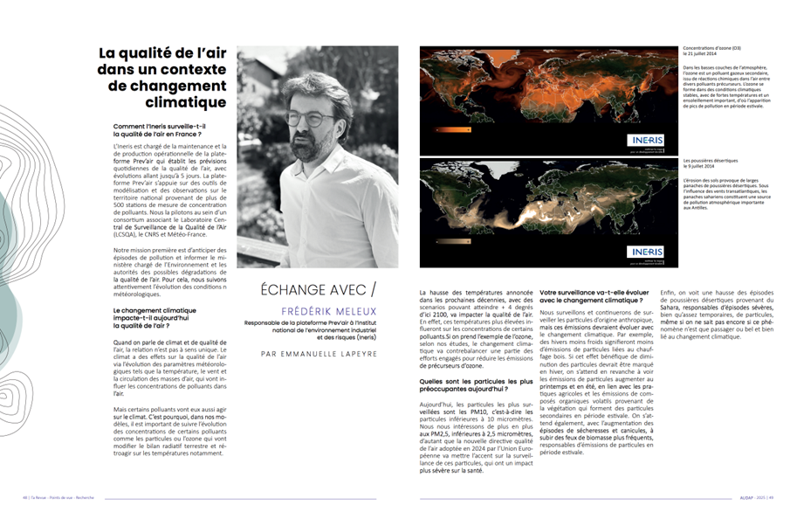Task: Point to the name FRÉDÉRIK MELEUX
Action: (x=317, y=310)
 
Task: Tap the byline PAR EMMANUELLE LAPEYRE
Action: (x=317, y=353)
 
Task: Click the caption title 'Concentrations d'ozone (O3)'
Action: (x=711, y=49)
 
